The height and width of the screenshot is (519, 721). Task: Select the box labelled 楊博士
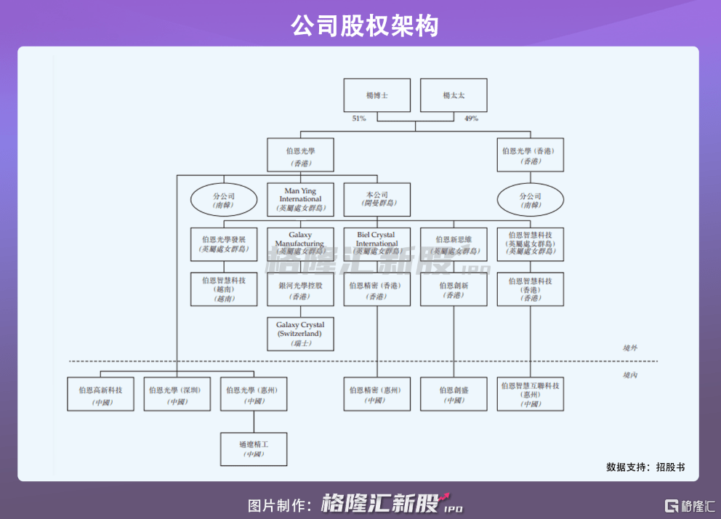tap(377, 95)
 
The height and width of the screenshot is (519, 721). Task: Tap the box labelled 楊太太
tap(454, 95)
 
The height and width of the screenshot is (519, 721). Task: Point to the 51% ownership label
tap(359, 118)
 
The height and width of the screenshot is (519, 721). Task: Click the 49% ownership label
tap(471, 118)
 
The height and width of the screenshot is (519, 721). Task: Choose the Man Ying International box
tap(300, 199)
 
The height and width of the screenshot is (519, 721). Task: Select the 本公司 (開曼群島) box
tap(376, 199)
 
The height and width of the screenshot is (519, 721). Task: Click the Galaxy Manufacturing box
tap(300, 244)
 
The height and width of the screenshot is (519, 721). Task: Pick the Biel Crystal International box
tap(376, 244)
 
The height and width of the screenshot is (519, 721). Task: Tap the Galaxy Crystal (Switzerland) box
tap(300, 333)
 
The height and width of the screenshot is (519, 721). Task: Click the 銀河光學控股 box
tap(300, 289)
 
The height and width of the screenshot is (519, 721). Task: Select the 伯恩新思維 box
tap(454, 244)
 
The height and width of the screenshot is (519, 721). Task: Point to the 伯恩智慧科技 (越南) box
tap(224, 289)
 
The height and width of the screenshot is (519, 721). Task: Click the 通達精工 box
tap(254, 448)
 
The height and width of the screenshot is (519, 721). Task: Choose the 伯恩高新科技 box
tap(100, 394)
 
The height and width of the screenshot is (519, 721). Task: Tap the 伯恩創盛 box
tap(454, 394)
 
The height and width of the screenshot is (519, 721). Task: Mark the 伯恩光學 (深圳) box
tap(177, 394)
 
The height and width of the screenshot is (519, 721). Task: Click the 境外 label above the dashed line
tap(629, 348)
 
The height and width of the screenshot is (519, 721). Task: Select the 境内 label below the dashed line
tap(629, 374)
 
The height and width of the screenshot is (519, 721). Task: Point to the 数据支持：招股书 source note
tap(645, 467)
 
